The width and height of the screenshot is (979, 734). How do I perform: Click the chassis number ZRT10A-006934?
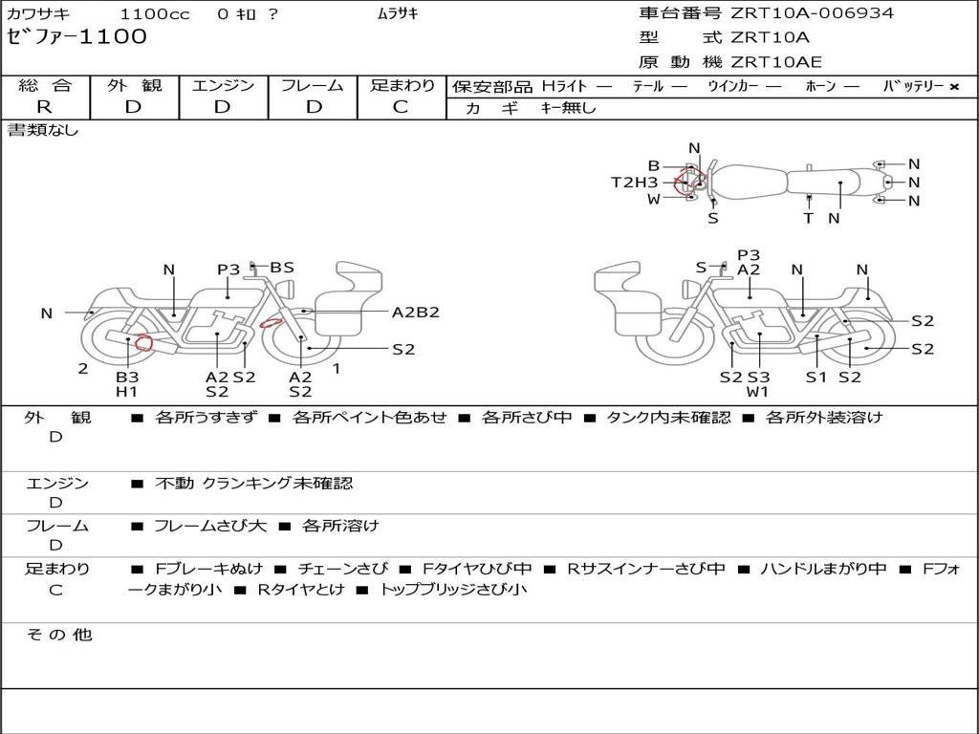[813, 13]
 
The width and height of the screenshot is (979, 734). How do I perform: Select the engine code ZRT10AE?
[775, 63]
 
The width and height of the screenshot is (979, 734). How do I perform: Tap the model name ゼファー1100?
[77, 37]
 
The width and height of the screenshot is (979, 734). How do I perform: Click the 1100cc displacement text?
[155, 14]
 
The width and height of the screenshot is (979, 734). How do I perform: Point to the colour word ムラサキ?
[398, 14]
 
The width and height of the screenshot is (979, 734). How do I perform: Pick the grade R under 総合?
[44, 107]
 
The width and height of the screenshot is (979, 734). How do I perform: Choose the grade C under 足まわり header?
[401, 107]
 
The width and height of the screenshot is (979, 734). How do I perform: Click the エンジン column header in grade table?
[223, 86]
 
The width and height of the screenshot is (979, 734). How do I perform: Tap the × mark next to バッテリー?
[953, 87]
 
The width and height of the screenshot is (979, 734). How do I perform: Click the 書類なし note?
[43, 130]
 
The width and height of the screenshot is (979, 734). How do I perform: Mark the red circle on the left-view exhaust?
[143, 342]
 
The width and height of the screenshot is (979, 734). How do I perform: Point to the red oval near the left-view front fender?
[272, 323]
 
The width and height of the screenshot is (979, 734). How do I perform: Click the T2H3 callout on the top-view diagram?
[635, 183]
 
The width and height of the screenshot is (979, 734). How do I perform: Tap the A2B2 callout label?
[415, 313]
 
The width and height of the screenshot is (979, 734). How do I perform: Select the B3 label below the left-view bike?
[127, 377]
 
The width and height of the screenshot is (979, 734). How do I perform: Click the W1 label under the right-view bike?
[758, 391]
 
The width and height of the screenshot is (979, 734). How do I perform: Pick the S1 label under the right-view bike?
[816, 377]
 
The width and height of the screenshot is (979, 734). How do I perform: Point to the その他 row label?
[58, 635]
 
